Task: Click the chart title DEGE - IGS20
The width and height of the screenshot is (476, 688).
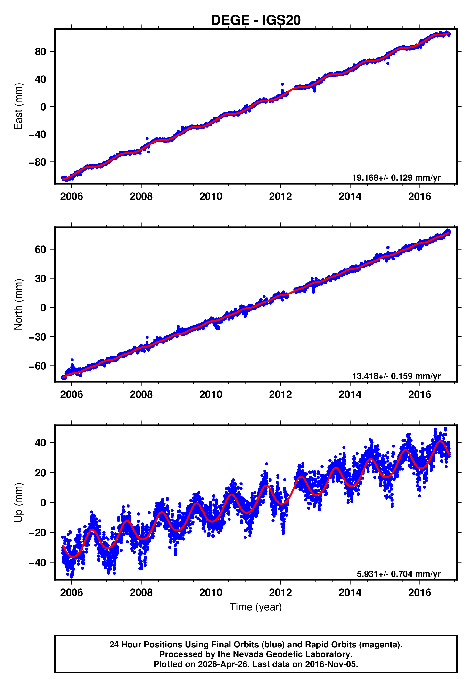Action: [256, 20]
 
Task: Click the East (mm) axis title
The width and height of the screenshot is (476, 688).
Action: [18, 107]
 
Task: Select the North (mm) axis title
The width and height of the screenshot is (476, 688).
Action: [18, 305]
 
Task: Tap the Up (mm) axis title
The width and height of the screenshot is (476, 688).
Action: [18, 503]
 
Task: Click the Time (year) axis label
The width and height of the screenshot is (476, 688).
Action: [256, 607]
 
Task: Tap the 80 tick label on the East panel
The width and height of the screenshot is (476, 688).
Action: [40, 52]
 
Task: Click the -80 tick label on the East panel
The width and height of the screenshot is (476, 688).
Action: [38, 162]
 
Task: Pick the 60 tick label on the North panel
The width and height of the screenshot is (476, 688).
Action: [40, 249]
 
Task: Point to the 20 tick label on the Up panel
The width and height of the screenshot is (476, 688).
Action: [40, 473]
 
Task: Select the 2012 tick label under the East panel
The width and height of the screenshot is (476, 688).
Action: [280, 196]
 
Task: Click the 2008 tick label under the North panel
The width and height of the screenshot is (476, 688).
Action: [141, 394]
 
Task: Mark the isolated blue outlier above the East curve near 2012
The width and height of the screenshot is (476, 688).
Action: [282, 84]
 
